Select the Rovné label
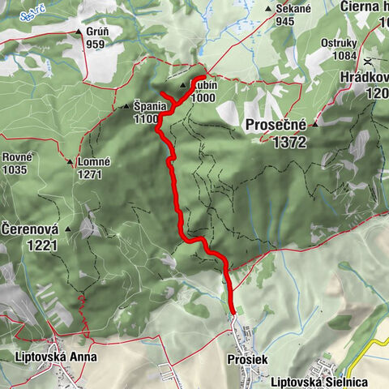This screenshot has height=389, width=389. click(15, 156)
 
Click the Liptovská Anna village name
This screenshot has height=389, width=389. click(56, 356)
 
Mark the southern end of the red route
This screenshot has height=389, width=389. click(233, 311)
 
